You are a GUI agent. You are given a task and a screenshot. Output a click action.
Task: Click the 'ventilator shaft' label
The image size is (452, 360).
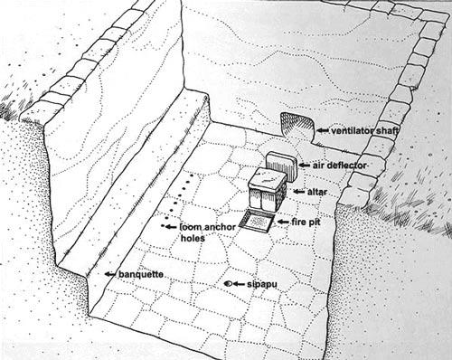(x=365, y=131)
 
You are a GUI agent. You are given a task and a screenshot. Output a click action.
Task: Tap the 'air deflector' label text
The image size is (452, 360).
(x=340, y=166)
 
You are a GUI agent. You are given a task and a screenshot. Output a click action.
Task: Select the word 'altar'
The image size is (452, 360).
(x=317, y=192)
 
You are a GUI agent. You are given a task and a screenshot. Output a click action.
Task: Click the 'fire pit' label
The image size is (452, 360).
(x=306, y=223)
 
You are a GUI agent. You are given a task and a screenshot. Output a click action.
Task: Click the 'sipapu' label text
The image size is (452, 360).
(x=262, y=284)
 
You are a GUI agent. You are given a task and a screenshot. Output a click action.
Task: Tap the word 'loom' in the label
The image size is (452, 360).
(x=190, y=227)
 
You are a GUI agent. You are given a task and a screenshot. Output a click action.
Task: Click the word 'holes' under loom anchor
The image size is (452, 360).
(x=193, y=238)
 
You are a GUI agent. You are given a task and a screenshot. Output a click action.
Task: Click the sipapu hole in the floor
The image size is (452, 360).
(x=228, y=284)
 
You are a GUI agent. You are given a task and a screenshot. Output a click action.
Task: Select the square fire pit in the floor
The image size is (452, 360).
(x=257, y=222)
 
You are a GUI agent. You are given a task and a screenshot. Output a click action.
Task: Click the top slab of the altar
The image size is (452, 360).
(x=268, y=178)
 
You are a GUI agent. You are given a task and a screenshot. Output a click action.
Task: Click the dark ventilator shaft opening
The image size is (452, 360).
(x=297, y=124)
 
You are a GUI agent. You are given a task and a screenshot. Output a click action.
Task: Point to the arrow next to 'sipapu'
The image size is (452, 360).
(x=239, y=284)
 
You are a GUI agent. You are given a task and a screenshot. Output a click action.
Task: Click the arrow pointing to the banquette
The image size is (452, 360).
(x=110, y=274)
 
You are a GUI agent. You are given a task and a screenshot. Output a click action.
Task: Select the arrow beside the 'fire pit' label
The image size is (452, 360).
(x=283, y=222)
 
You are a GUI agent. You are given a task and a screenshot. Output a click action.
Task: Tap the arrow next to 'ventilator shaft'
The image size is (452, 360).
(x=323, y=130)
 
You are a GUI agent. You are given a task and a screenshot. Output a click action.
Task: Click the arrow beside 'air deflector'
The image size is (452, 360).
(x=305, y=166)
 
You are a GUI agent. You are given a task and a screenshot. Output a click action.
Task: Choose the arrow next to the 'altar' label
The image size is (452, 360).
(x=299, y=192)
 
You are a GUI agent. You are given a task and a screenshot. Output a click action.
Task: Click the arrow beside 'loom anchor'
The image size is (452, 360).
(x=171, y=226)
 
